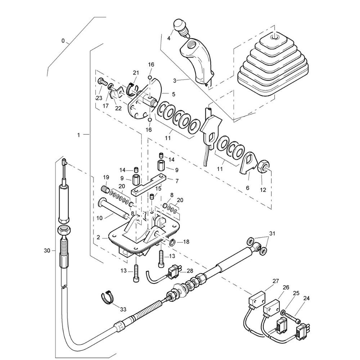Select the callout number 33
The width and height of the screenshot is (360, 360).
click(x=123, y=309)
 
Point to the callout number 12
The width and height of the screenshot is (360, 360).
click(x=264, y=190)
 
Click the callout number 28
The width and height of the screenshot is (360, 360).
click(x=190, y=270)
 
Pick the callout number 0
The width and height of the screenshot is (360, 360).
click(x=63, y=41)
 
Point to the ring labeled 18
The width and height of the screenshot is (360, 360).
click(x=172, y=242)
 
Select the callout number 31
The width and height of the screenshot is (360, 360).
click(x=272, y=233)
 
